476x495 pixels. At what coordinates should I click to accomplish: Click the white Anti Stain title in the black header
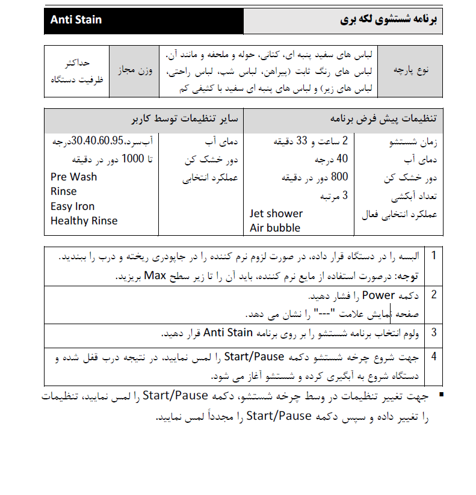(x=76, y=20)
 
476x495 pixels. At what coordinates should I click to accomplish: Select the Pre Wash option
(x=73, y=177)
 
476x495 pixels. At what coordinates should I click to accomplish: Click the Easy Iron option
(x=72, y=206)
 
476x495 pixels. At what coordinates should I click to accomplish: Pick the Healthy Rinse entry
(x=84, y=221)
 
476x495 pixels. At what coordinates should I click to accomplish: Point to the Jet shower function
(x=276, y=214)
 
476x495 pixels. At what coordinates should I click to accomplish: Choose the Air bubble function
(x=275, y=228)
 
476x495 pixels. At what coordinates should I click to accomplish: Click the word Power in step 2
(x=378, y=295)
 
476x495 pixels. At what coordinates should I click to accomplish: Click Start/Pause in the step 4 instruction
(x=254, y=357)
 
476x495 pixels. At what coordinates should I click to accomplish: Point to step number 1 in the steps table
(x=433, y=256)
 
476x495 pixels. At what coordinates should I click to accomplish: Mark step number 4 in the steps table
(x=433, y=356)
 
